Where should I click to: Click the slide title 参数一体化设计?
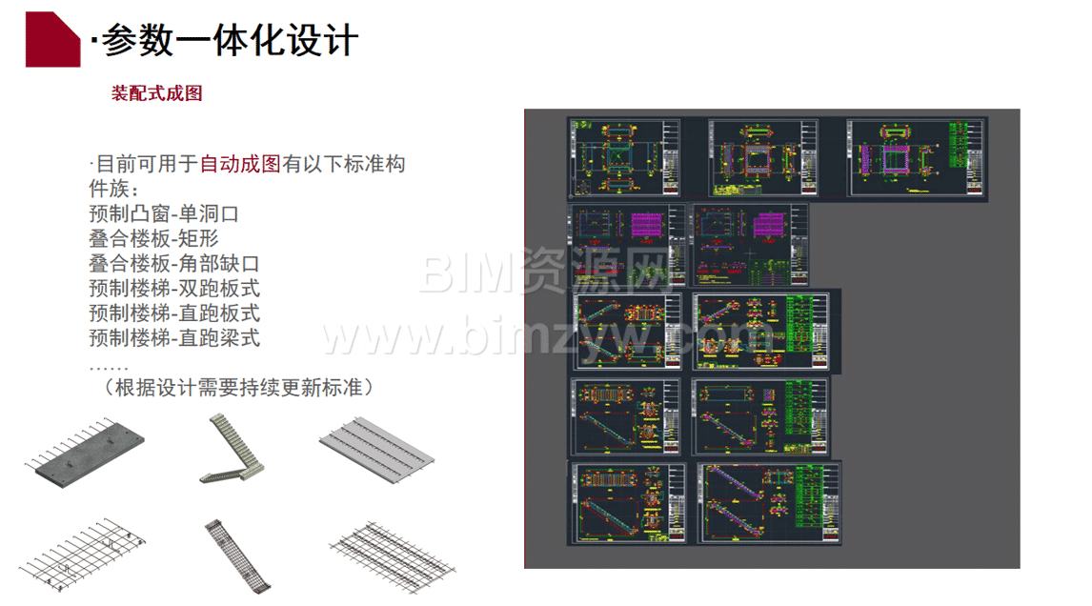coord(229,41)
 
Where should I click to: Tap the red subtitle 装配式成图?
coord(157,93)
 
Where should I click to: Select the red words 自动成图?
coord(240,164)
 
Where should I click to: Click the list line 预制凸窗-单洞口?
coord(163,214)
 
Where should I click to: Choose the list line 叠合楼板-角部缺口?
coord(174,264)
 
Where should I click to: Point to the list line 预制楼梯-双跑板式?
coord(174,288)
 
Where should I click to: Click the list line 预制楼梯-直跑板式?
coord(174,313)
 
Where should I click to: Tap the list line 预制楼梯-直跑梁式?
coord(174,337)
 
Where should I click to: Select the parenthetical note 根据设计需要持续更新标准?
coord(238,388)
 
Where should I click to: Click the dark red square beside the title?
coord(51,41)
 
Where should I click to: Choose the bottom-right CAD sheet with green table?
coord(770,503)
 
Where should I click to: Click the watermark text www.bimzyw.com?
coord(548,335)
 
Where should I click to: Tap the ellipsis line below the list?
coord(108,364)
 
